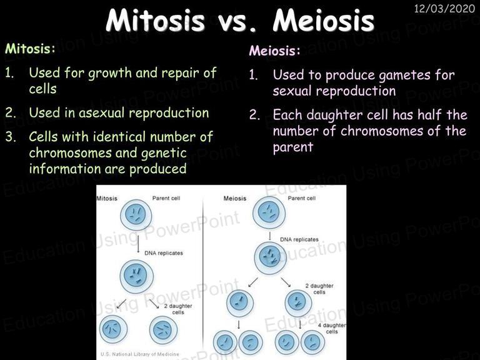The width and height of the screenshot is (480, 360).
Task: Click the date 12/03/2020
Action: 444,9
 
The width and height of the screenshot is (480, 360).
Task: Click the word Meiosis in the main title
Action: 323,21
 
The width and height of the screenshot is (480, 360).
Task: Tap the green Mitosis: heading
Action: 30,49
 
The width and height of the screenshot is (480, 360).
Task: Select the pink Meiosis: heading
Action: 274,51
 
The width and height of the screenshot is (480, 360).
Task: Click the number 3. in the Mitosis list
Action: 11,137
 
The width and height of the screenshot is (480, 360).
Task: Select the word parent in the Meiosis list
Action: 293,147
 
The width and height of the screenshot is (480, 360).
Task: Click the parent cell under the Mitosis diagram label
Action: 136,215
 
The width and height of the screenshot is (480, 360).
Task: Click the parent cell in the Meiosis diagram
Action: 269,212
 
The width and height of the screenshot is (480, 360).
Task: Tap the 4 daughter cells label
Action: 332,328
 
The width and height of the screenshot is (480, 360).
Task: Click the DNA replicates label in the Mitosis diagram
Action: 164,253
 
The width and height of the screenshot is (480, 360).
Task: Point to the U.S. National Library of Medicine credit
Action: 139,354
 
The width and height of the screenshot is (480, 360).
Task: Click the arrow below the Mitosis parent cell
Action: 138,244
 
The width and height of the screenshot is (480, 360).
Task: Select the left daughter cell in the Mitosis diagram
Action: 114,329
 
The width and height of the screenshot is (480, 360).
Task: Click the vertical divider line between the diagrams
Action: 202,272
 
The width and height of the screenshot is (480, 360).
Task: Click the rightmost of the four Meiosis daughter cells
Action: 312,342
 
